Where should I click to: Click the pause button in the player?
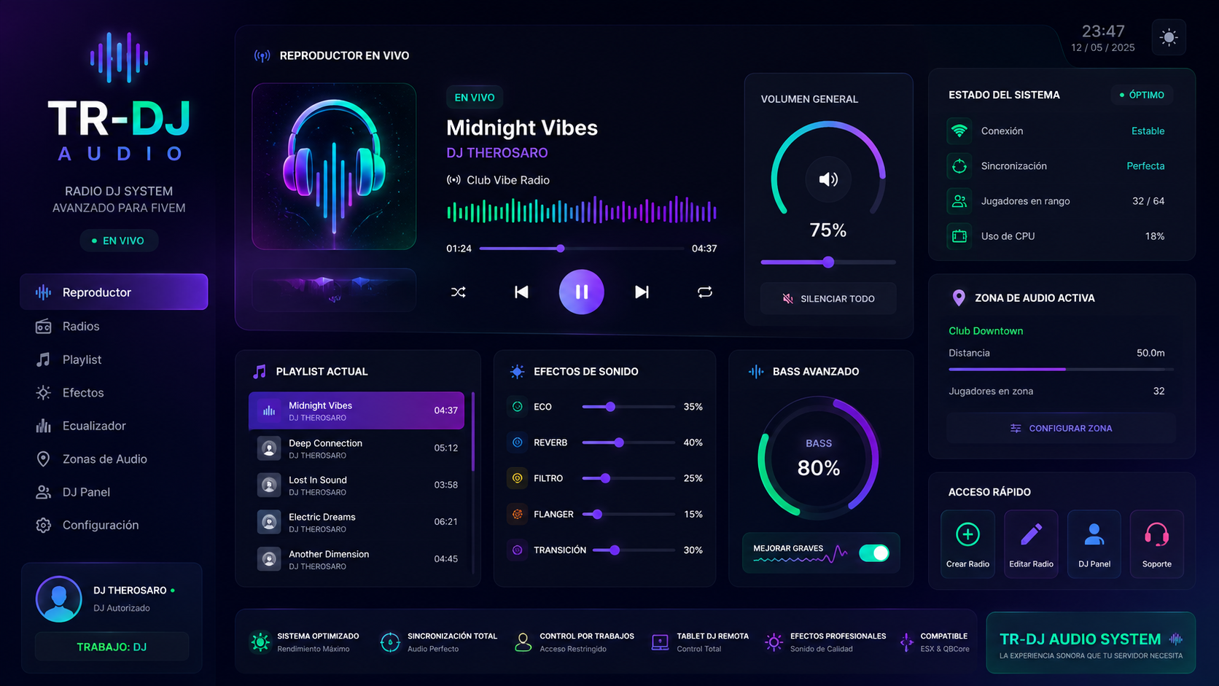(581, 292)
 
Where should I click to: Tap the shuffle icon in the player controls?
(458, 292)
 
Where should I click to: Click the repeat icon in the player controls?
(705, 292)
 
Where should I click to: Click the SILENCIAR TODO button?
(827, 299)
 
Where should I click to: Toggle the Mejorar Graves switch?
(874, 553)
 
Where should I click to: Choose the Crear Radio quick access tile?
(967, 543)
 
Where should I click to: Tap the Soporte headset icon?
(1156, 535)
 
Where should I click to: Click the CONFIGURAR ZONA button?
(1062, 428)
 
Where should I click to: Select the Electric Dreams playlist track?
(357, 522)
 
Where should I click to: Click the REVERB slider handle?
(619, 443)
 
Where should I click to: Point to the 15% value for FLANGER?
(693, 514)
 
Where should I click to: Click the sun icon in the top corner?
(1169, 37)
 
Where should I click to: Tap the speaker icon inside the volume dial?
(828, 179)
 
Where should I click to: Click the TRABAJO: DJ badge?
(112, 647)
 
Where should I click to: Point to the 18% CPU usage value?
(1154, 236)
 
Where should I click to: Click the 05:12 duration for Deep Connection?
(445, 448)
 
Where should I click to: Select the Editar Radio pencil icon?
(1031, 534)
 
